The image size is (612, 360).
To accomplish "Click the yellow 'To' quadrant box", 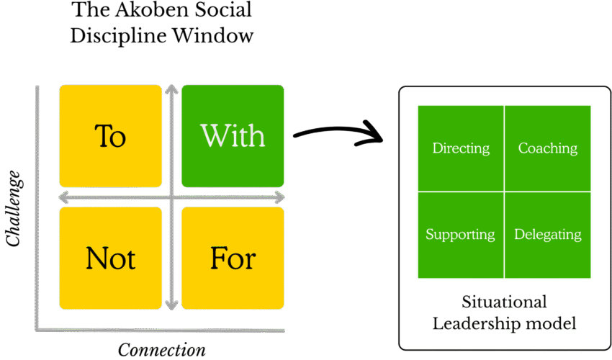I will tap(110, 135).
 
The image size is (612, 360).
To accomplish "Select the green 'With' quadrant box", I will tap(233, 135).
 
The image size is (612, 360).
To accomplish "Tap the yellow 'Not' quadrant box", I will tap(110, 258).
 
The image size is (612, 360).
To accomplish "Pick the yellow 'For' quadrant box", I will tap(233, 258).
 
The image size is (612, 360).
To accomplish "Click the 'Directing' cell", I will tap(461, 148).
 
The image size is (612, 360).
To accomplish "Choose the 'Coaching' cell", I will tap(548, 148).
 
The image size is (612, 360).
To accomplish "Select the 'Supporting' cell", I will tap(460, 235).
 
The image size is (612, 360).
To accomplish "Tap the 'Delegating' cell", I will tap(548, 235).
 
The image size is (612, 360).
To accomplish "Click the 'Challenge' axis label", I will tap(14, 209).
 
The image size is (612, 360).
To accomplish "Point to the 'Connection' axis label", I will tap(162, 350).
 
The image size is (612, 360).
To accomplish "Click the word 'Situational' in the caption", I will tap(504, 302).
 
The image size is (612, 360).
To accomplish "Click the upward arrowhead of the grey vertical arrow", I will tap(171, 89).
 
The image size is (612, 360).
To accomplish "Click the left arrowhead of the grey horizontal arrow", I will tap(63, 197).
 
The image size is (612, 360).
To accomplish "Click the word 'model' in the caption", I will tap(554, 323).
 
